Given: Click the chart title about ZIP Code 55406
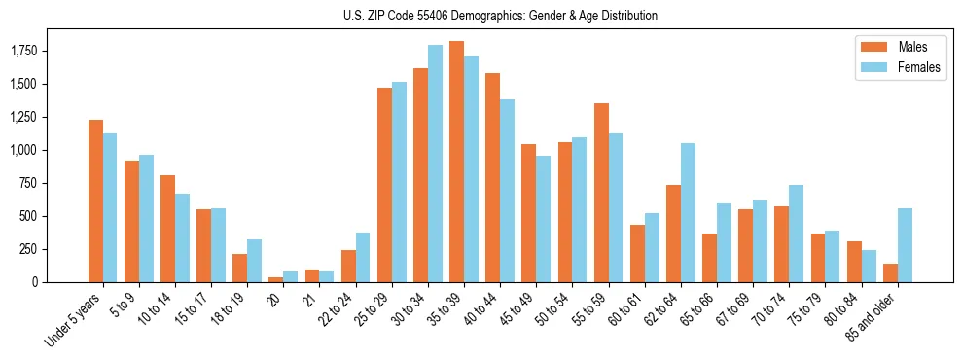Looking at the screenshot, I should [x=500, y=16].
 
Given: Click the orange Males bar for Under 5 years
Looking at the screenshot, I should [x=95, y=200].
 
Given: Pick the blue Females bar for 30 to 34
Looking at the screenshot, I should [x=435, y=163].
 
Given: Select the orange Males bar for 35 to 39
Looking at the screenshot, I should [x=456, y=162].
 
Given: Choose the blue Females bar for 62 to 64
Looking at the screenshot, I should [x=688, y=212].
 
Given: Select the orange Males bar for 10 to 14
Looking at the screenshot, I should [x=167, y=229].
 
